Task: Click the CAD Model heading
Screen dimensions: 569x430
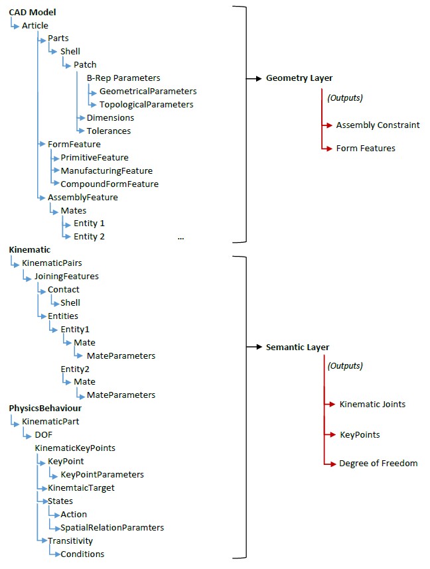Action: coord(33,13)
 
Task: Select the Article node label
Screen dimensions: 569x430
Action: coord(35,25)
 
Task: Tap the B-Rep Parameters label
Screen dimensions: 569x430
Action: coord(123,78)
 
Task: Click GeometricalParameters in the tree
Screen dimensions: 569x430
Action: coord(148,91)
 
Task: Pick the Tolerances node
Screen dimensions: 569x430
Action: coord(109,131)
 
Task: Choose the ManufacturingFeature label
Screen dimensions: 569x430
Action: coord(107,170)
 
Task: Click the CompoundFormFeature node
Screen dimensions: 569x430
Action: coord(109,184)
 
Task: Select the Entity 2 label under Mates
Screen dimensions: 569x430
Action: coord(90,236)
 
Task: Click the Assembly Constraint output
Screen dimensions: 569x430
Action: coord(378,125)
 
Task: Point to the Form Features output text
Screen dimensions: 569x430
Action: coord(366,148)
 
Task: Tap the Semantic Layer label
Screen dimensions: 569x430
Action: coord(297,347)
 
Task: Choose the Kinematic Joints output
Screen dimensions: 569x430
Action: coord(372,404)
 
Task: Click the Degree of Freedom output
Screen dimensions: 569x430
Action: coord(378,463)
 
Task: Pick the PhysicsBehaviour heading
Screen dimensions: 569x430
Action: coord(45,408)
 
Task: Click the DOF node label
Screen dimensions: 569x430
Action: coord(43,434)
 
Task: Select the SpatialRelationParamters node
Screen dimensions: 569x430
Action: coord(112,527)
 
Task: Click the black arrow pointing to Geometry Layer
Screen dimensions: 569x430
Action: coord(253,78)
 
